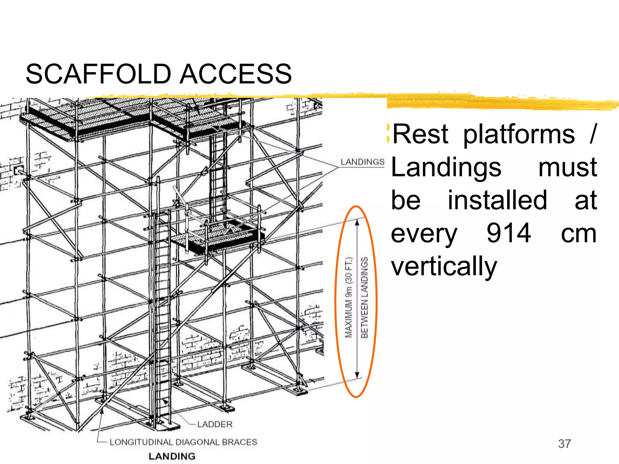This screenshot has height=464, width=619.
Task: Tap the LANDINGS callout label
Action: [362, 162]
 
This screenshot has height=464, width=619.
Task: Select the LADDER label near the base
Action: [215, 424]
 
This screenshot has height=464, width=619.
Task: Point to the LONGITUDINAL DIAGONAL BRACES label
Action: [183, 442]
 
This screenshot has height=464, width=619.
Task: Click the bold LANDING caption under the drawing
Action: [172, 456]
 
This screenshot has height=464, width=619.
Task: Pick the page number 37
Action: [564, 444]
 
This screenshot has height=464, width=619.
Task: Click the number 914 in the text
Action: [508, 233]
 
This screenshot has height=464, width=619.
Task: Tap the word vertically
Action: [444, 266]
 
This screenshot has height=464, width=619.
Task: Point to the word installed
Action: [497, 200]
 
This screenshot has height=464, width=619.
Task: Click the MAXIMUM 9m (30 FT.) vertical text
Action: [349, 298]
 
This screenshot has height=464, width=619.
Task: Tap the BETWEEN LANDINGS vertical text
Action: [365, 298]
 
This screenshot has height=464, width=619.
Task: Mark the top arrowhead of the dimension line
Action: [357, 223]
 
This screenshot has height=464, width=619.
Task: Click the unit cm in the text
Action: [578, 234]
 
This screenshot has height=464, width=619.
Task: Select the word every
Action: [424, 234]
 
